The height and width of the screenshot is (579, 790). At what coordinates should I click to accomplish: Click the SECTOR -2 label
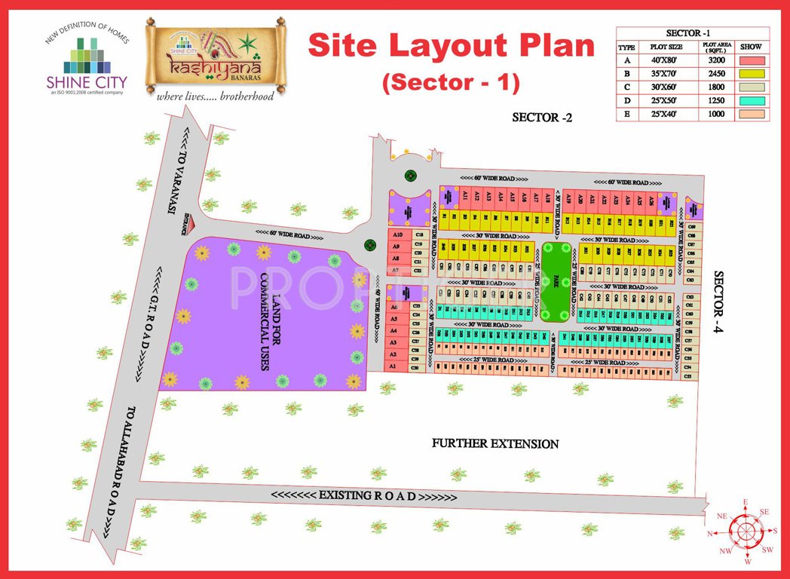coord(542,118)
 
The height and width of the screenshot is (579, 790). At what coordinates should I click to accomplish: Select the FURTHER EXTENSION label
coord(495,443)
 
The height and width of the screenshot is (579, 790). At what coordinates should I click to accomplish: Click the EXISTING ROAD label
coord(363,496)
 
